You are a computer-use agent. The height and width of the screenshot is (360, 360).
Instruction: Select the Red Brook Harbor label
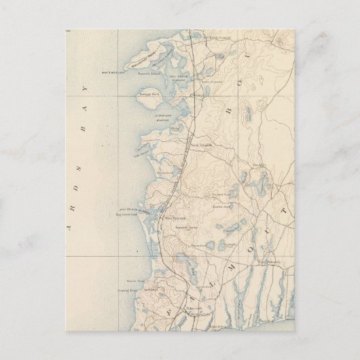[x=175, y=76]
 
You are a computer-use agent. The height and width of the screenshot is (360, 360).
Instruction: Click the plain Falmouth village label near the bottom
[x=179, y=312]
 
